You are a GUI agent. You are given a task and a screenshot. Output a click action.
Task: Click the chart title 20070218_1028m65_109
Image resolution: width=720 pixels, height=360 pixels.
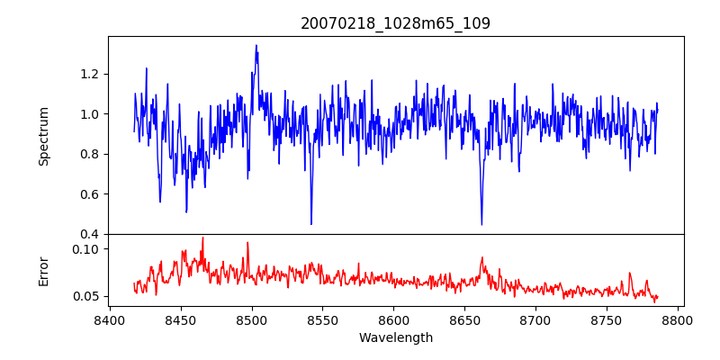pos(395,23)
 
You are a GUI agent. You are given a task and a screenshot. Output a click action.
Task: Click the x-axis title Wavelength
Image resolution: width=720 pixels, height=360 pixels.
pos(395,338)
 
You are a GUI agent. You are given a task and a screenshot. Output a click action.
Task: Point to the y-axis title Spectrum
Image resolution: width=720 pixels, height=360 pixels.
pos(43,136)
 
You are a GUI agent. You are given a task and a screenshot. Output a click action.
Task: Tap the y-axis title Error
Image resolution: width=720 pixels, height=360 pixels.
pos(43,271)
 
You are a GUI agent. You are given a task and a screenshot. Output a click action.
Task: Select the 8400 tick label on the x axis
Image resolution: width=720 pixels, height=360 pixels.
pos(110,319)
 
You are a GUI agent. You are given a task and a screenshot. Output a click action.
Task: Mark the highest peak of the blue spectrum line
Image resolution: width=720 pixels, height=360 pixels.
pos(256,46)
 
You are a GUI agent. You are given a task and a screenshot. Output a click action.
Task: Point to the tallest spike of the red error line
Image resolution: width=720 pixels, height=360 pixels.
pos(202,238)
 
